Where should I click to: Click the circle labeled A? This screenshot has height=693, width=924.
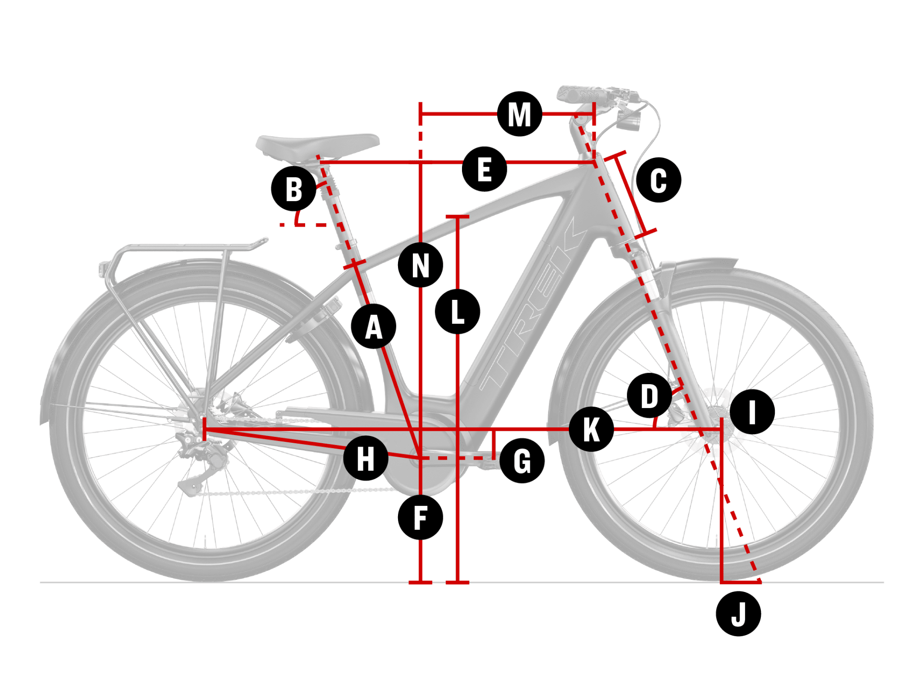(x=373, y=327)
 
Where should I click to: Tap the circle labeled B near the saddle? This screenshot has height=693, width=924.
(x=294, y=189)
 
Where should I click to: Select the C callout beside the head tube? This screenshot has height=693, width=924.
(x=658, y=180)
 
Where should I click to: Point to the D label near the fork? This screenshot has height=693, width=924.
(x=649, y=396)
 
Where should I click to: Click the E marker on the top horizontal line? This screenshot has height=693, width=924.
(x=484, y=169)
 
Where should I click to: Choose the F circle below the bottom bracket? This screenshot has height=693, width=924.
(x=420, y=518)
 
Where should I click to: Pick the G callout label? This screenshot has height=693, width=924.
(x=522, y=461)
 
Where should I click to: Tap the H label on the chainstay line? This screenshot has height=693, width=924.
(x=366, y=458)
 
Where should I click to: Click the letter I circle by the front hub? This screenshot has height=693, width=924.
(x=752, y=412)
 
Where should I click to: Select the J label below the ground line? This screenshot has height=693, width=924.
(x=738, y=614)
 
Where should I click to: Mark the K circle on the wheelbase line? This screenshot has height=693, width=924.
(x=591, y=429)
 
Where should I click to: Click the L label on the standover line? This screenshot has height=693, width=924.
(x=457, y=311)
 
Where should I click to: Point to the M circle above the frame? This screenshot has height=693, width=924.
(x=519, y=114)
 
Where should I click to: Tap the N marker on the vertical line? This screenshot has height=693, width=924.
(x=420, y=265)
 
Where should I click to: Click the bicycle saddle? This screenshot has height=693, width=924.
(x=318, y=144)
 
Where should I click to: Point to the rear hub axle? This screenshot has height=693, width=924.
(x=198, y=423)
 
